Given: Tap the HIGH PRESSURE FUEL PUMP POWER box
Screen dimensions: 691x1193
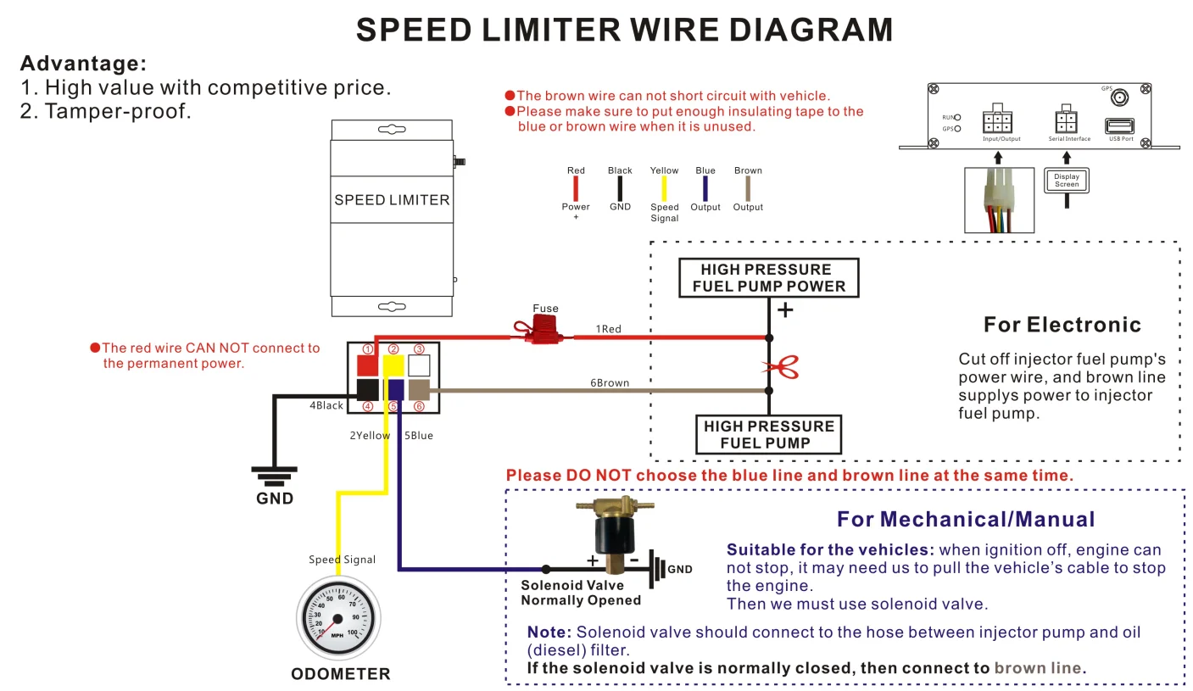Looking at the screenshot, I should (x=768, y=278).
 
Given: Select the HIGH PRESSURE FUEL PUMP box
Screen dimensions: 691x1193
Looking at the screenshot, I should (x=768, y=434).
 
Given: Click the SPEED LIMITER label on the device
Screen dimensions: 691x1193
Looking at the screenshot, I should (x=392, y=200).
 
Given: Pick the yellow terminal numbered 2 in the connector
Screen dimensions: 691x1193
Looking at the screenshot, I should (x=393, y=365).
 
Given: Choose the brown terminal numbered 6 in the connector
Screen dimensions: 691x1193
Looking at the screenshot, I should (x=419, y=389).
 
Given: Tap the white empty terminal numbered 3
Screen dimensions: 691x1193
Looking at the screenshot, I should (x=419, y=365).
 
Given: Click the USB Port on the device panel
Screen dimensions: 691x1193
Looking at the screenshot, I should (x=1119, y=125).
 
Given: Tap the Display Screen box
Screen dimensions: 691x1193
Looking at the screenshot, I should (x=1067, y=180).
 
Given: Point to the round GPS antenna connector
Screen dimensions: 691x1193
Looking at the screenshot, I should (x=1119, y=98).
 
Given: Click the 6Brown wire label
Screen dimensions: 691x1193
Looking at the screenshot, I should (x=610, y=383).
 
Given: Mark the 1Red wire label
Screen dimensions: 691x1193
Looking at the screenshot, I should (x=608, y=329).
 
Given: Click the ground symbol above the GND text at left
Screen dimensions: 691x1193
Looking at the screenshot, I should (x=275, y=475).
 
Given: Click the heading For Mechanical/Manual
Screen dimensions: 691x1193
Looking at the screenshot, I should (x=966, y=520).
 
